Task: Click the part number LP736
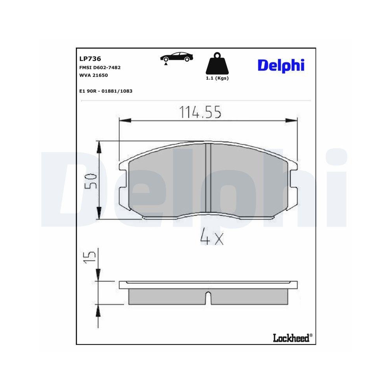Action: coord(90,59)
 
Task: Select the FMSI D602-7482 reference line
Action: coord(100,67)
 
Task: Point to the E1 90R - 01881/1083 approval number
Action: coord(106,91)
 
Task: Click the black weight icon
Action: coord(217,64)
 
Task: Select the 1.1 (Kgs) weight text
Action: coord(217,78)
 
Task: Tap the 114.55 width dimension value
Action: coord(200,112)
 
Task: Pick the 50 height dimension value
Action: coord(91,181)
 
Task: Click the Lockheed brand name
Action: coord(292,337)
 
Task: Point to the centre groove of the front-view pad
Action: coord(208,178)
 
